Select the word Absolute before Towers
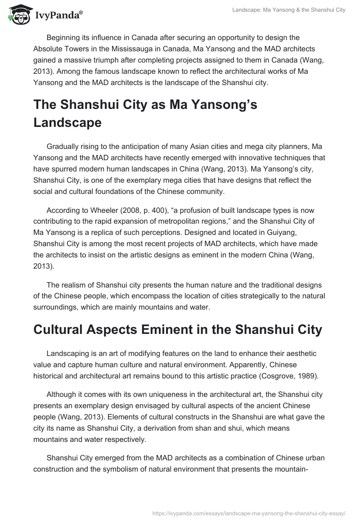click(48, 49)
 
